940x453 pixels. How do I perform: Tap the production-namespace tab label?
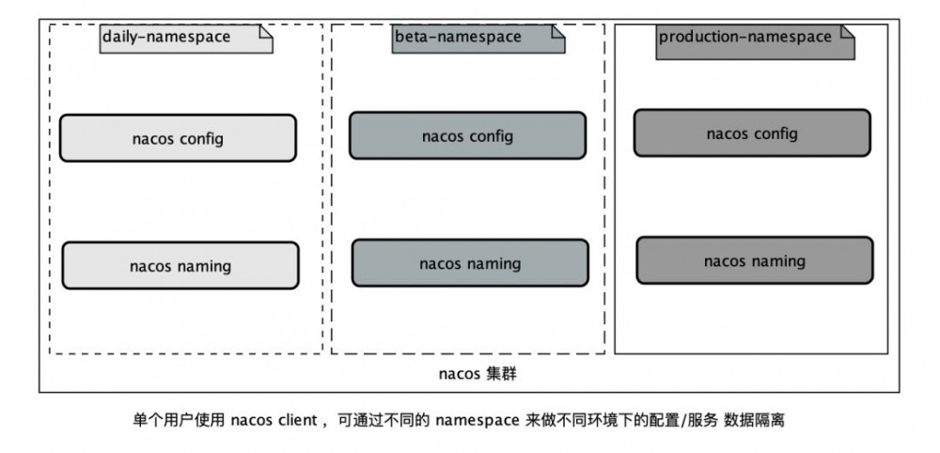(745, 38)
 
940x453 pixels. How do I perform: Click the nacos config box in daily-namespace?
(178, 139)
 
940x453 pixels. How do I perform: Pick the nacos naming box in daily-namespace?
(180, 266)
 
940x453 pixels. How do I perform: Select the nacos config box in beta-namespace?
(467, 136)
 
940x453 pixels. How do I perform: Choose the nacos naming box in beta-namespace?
(470, 263)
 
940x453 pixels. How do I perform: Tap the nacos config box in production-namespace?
(752, 133)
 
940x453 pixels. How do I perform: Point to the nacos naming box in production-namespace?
(755, 261)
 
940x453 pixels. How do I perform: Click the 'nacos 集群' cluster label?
(478, 374)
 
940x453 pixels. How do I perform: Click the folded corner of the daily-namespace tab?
(265, 32)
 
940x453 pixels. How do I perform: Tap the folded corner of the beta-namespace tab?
(557, 32)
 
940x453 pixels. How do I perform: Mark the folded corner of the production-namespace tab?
(847, 32)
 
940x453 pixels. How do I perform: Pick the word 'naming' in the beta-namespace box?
(494, 264)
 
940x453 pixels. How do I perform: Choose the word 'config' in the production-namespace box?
(776, 133)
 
